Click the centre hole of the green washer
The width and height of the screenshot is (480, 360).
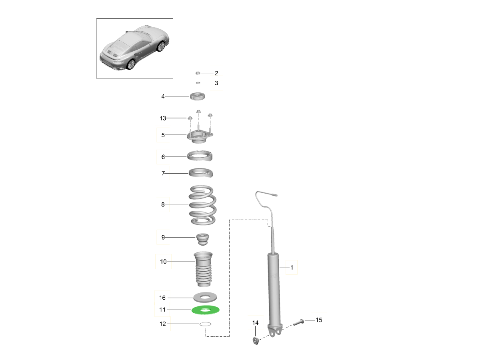click(205, 310)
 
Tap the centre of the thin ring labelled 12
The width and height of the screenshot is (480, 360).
click(205, 324)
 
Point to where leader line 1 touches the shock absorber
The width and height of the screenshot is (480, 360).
click(280, 268)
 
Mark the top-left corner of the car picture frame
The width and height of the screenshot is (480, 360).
click(96, 18)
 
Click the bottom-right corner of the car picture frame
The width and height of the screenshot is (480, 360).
click(173, 78)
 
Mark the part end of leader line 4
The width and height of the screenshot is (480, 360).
click(189, 96)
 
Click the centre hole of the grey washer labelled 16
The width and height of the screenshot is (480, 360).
click(205, 297)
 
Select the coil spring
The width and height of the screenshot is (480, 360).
click(202, 205)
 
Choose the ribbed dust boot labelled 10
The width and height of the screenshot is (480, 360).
click(203, 269)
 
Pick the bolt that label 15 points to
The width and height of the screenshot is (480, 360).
click(298, 322)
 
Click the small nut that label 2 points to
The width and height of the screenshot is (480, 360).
click(198, 73)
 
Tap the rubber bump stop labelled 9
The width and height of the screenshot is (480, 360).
click(203, 239)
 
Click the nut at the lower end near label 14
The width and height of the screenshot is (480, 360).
click(256, 340)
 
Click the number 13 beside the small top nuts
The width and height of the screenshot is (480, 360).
click(163, 118)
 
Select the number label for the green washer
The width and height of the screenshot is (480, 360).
click(162, 310)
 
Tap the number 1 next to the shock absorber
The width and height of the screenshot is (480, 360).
click(292, 267)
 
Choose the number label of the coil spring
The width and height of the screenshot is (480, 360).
click(163, 204)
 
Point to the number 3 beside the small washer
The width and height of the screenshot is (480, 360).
click(216, 83)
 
